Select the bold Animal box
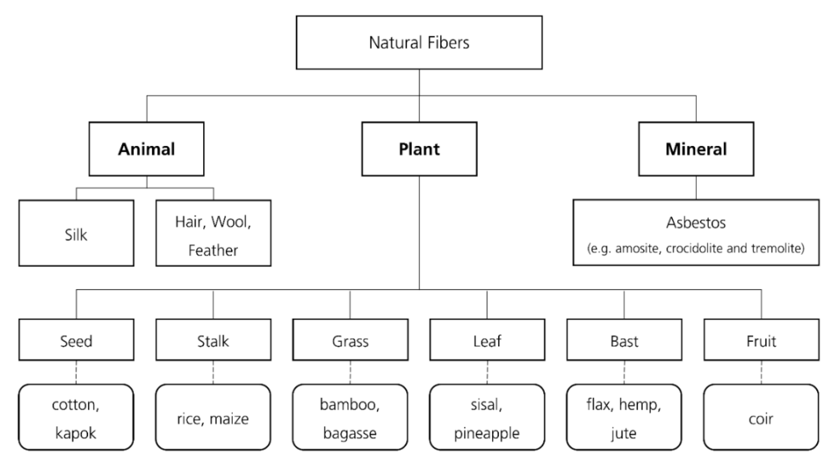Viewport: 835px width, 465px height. point(147,149)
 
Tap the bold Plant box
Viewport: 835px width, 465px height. point(419,149)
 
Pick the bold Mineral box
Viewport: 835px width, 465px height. point(696,149)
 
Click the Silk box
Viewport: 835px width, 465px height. point(76,234)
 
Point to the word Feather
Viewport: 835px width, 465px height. point(213,251)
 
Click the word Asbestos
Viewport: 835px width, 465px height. point(696,223)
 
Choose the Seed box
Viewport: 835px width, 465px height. point(76,340)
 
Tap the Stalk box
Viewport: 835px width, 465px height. point(213,340)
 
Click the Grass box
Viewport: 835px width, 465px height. point(350,340)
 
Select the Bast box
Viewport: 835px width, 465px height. point(624,340)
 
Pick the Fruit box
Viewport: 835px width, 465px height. point(761,340)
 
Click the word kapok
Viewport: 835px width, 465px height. point(76,433)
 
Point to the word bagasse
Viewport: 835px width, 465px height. point(350,433)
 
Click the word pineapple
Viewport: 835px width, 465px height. point(486,433)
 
